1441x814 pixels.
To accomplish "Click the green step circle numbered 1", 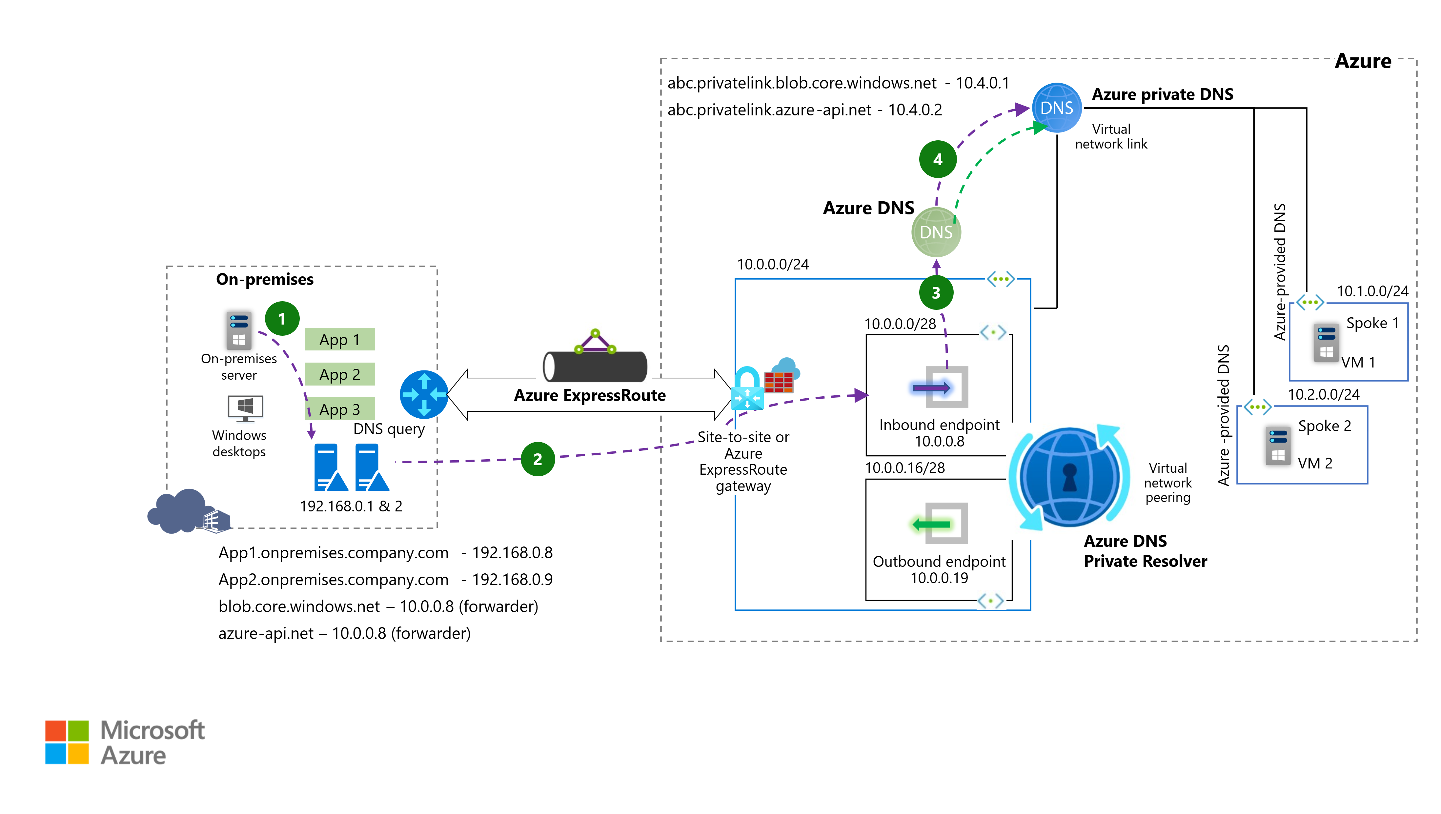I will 282,319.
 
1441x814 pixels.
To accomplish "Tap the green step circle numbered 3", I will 936,292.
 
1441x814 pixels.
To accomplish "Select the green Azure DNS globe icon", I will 936,232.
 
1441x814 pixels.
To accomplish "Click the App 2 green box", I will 339,374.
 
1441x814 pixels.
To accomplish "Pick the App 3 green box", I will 339,409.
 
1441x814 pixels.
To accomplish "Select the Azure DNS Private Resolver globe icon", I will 1069,477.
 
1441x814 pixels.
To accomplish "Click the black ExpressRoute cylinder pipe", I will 595,367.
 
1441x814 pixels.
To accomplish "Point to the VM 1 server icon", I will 1326,343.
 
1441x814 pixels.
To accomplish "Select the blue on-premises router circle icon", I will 424,395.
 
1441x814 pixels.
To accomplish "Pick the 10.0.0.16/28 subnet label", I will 904,468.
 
